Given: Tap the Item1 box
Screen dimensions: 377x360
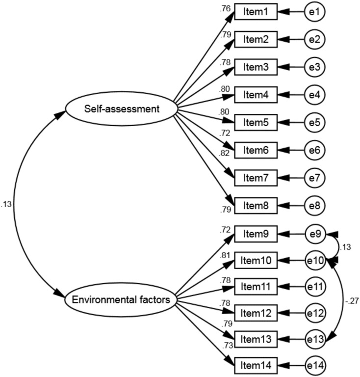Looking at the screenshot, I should click(x=256, y=12).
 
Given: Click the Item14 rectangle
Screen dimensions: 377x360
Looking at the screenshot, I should click(x=256, y=365).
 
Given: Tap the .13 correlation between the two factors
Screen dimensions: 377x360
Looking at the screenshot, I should click(x=7, y=205).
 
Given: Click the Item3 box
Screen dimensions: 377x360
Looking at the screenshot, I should click(x=256, y=67).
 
